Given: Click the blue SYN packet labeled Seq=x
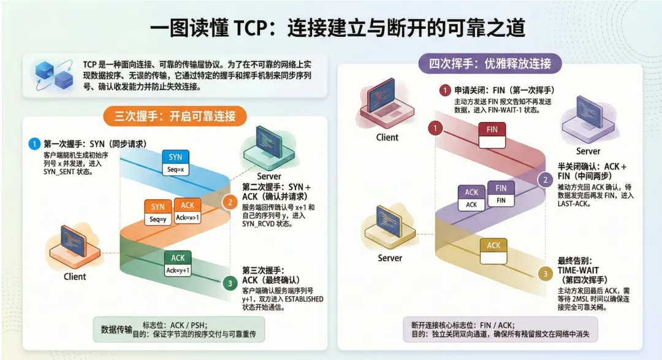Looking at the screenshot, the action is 175,163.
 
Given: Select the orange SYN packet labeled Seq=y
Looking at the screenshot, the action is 158,212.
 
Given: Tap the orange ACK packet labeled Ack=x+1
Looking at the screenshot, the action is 187,212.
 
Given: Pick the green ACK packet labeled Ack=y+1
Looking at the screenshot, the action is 178,264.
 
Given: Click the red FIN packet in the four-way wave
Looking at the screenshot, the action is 492,136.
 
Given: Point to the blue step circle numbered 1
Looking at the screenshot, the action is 34,144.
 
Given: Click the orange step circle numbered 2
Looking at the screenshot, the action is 228,202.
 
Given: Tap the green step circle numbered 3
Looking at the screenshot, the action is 229,283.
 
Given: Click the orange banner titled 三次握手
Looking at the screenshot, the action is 175,116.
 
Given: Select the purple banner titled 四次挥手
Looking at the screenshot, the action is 490,63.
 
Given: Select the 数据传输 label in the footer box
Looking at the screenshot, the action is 116,329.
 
